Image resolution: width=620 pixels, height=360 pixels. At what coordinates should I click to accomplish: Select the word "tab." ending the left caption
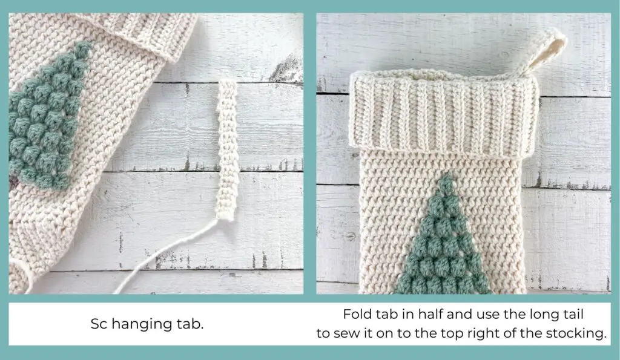point(190,324)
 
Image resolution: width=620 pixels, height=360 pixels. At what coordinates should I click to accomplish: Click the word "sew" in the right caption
point(351,333)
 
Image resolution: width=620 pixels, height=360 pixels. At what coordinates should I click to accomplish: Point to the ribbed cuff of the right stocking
point(445,115)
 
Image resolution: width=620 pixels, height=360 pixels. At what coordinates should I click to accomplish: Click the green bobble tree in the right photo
point(445,248)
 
